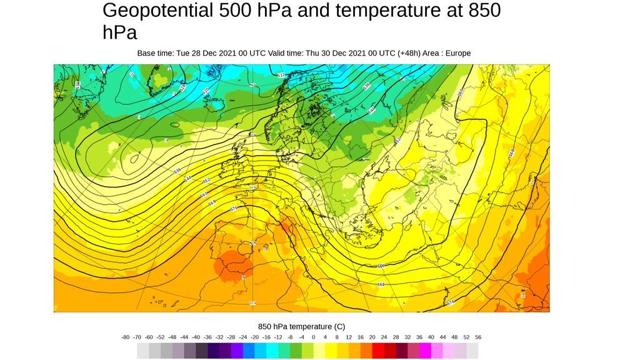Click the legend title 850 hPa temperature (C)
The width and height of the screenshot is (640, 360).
pos(301,326)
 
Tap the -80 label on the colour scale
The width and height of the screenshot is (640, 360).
pos(126,337)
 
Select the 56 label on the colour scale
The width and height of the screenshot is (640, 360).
pos(478,337)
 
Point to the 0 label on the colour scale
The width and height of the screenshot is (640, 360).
pos(313,337)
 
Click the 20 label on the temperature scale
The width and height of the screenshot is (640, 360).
pos(372,337)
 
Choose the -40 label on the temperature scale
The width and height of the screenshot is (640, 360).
pos(196,337)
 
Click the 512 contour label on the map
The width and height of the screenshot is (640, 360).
pos(281,75)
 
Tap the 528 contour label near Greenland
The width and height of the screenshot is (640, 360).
pos(182,89)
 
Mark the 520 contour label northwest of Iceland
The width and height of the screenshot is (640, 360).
pos(206,91)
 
